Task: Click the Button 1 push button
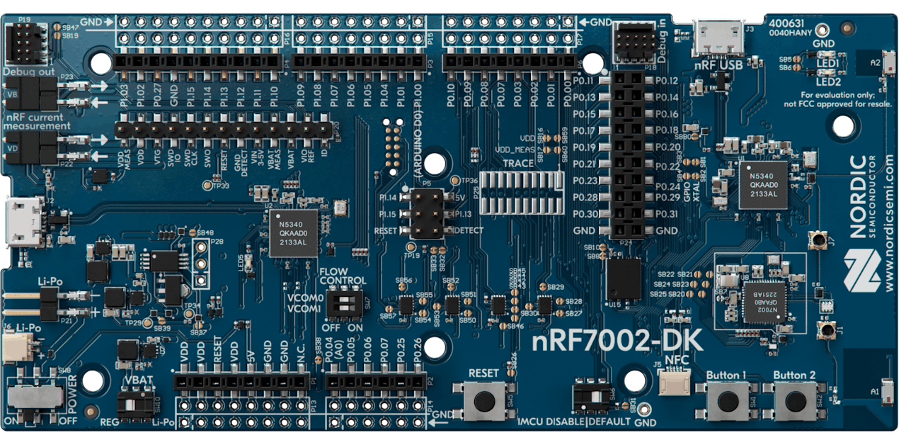pos(726,401)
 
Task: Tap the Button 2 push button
pos(794,401)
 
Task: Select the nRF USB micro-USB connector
pos(716,39)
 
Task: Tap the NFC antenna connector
pos(672,385)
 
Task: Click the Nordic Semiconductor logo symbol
pos(859,272)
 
